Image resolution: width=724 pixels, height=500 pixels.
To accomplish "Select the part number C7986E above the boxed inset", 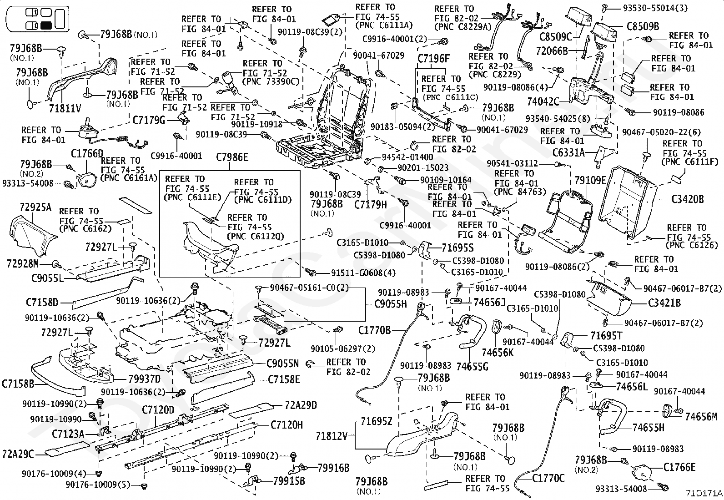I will (x=232, y=158).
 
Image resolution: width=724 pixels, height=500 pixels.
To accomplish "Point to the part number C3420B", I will (x=687, y=199).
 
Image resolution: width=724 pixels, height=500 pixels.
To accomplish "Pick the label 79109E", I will (x=590, y=181).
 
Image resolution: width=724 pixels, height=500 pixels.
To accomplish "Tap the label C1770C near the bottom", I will (x=548, y=478).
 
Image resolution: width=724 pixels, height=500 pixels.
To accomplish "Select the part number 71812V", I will (x=332, y=436).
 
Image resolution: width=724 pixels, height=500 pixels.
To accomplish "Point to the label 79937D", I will (x=144, y=379).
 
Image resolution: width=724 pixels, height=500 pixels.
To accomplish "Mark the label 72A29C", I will (x=18, y=454).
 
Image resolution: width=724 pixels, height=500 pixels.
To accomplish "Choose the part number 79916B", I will (x=333, y=467).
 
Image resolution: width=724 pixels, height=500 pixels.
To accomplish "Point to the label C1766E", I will (x=679, y=467).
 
